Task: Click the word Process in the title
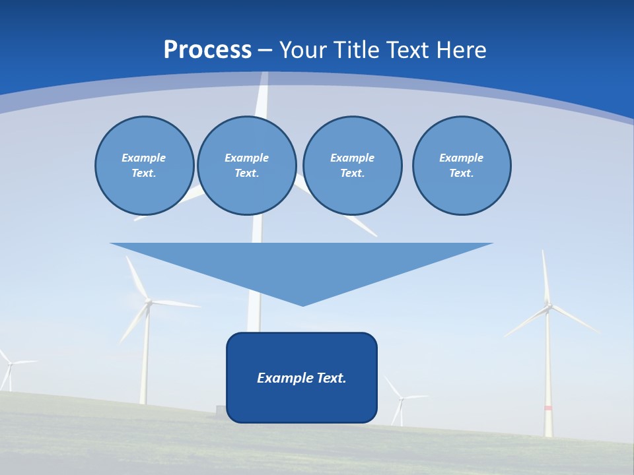pos(207,50)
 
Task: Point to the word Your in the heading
pos(304,50)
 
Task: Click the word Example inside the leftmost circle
pos(144,158)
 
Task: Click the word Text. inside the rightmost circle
pos(462,173)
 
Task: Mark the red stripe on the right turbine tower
pos(548,408)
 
